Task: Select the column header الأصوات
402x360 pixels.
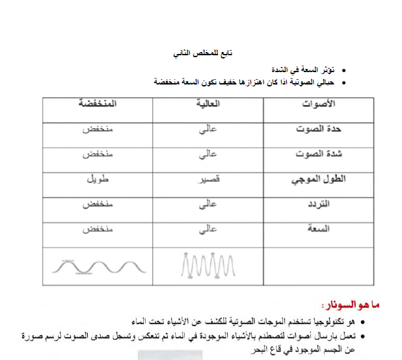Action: [x=319, y=105]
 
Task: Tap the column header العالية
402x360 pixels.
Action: [x=208, y=105]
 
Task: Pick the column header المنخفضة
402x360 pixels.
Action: [x=98, y=105]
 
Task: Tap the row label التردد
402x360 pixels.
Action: [x=335, y=205]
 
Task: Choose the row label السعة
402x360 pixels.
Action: [x=335, y=229]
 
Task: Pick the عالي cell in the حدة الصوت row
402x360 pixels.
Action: [x=208, y=129]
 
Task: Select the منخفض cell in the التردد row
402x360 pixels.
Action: [x=98, y=205]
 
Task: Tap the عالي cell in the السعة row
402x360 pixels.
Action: [x=208, y=229]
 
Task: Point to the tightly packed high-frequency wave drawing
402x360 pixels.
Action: [x=206, y=265]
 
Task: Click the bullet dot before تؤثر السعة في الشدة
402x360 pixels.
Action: [x=343, y=68]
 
